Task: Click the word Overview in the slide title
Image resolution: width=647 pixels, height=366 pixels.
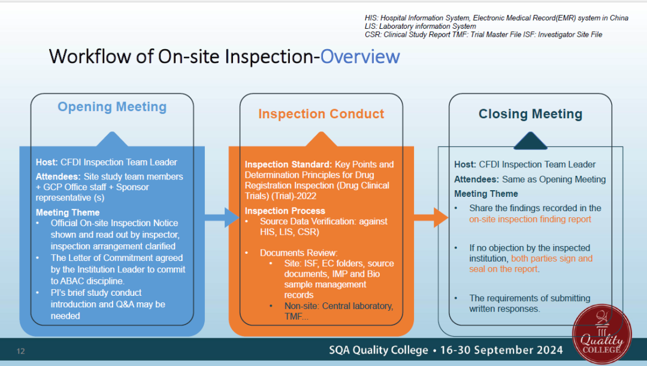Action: (x=360, y=56)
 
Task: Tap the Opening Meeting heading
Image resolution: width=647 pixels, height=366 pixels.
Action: (x=112, y=107)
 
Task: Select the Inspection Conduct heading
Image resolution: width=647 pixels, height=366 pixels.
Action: (x=321, y=113)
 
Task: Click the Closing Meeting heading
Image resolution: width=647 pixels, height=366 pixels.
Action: (x=530, y=113)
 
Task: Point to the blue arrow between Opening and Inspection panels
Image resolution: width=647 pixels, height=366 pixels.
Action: (x=222, y=217)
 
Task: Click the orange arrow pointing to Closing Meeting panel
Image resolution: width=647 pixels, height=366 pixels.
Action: (x=431, y=217)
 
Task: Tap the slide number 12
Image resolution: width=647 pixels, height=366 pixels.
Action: (x=20, y=351)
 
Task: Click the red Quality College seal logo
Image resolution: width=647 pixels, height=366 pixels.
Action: (x=601, y=334)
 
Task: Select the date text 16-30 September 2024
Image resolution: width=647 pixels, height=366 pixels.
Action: (x=501, y=350)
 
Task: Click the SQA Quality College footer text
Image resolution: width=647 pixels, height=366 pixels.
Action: (x=379, y=350)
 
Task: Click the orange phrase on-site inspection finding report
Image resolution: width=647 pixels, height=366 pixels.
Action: (x=530, y=219)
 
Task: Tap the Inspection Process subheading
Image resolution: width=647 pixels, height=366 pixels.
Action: (x=285, y=211)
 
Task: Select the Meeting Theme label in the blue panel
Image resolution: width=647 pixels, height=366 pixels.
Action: (x=68, y=212)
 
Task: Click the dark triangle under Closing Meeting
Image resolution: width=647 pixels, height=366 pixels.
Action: (x=530, y=140)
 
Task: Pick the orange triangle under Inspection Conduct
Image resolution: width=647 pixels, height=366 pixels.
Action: (x=321, y=140)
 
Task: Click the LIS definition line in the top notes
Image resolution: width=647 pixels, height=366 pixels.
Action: (x=420, y=26)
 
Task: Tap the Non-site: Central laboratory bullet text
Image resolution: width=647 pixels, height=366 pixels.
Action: (x=338, y=306)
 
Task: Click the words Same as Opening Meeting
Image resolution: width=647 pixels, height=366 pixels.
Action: (x=554, y=179)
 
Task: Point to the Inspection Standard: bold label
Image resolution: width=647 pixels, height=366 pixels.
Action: (x=288, y=164)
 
